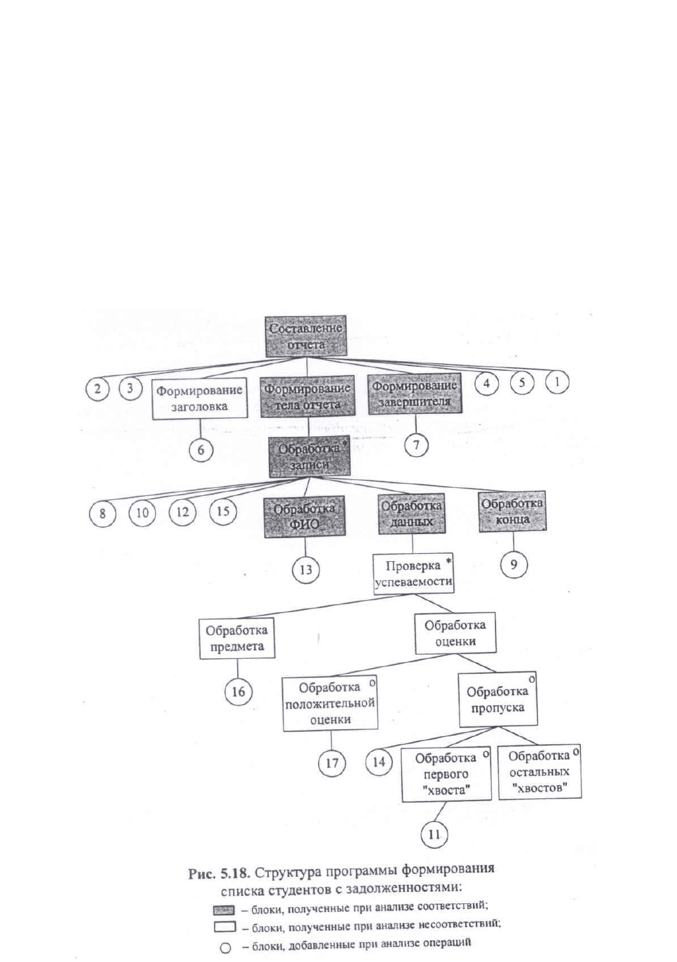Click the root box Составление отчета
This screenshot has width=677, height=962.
click(306, 336)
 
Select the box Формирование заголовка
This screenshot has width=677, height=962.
click(200, 398)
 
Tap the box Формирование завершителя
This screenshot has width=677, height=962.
click(415, 394)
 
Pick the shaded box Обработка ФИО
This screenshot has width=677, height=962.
click(305, 517)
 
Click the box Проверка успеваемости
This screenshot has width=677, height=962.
click(413, 574)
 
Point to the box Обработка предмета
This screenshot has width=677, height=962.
click(237, 638)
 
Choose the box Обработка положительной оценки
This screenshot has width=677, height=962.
click(330, 703)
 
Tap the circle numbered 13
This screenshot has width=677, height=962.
click(306, 570)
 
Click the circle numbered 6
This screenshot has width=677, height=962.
click(201, 450)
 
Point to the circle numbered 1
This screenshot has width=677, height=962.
click(557, 382)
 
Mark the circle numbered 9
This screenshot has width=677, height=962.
click(514, 564)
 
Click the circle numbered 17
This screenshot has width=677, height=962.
click(332, 763)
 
